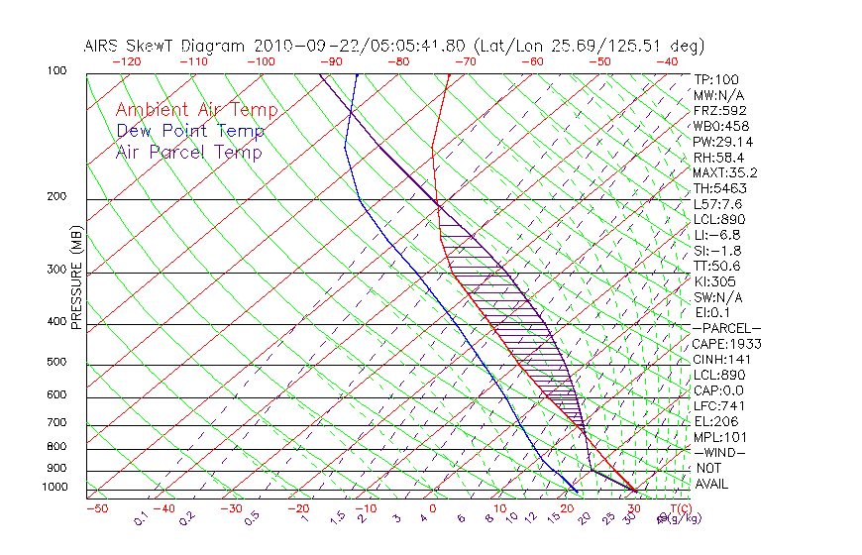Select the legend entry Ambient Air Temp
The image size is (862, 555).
(196, 110)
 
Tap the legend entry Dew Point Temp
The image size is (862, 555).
(190, 131)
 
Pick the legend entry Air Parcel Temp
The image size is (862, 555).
(189, 152)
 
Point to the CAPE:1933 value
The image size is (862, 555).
(725, 344)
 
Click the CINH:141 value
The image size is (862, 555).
(722, 359)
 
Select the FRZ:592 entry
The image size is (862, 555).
(719, 110)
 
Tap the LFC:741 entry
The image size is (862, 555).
(719, 405)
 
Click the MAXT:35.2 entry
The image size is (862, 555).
(725, 172)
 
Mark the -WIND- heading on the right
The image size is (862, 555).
(719, 452)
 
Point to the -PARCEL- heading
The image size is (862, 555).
(726, 328)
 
